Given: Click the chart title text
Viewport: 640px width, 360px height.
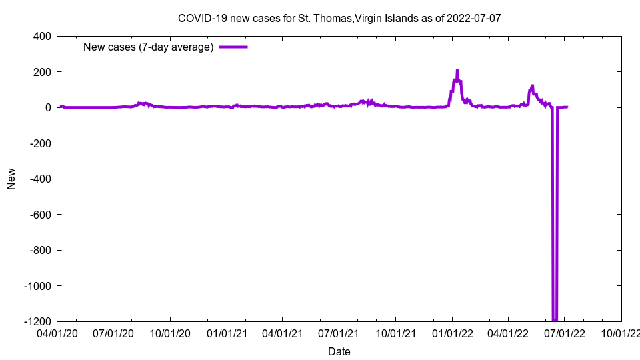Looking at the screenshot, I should (339, 18).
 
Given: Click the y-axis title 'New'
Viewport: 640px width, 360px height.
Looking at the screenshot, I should (11, 179).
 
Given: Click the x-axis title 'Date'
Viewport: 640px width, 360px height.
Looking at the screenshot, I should (339, 351).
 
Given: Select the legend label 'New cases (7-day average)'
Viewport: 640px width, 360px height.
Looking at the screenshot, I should (148, 47).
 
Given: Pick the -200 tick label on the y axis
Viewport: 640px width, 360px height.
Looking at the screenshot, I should (41, 143).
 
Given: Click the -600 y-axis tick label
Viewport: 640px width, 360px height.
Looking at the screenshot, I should (41, 215).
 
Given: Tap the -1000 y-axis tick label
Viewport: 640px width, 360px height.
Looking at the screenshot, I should (39, 286).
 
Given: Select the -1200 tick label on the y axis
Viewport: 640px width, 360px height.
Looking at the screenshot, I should (39, 321).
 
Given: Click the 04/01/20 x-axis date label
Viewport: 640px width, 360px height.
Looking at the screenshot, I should (57, 333).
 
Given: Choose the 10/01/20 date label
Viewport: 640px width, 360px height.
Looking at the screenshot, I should (171, 333).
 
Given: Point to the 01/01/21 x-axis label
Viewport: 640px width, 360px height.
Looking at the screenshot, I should (227, 333).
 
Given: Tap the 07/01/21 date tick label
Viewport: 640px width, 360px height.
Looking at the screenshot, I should (339, 333).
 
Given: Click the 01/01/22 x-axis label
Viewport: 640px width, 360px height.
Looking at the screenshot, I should (453, 333).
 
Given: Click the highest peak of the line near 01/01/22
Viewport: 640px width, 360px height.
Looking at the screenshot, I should (457, 71).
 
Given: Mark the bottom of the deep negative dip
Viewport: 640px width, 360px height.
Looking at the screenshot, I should (555, 319).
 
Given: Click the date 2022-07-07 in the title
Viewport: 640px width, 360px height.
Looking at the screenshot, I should (475, 18).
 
